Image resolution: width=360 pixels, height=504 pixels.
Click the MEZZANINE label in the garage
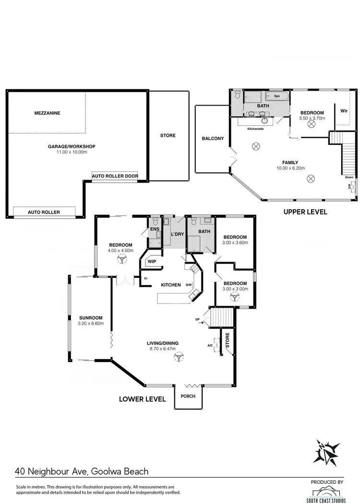pos(47,113)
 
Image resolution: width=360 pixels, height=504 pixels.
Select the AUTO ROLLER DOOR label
pos(115,176)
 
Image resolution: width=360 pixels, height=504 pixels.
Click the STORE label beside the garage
pos(168,136)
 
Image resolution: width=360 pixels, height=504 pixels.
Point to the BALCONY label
pos(213,139)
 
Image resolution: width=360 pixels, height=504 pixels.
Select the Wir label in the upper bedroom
pos(344,111)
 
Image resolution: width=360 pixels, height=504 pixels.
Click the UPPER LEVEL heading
pos(305,212)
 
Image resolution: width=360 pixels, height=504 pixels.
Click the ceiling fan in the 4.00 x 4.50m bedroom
pos(120,259)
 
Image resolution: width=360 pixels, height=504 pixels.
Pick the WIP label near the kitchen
pos(152,262)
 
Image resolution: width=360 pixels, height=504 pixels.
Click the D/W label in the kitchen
pos(189,285)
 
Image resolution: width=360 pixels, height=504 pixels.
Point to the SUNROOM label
pos(89,318)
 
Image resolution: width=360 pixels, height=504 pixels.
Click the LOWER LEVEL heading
pos(143,399)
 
